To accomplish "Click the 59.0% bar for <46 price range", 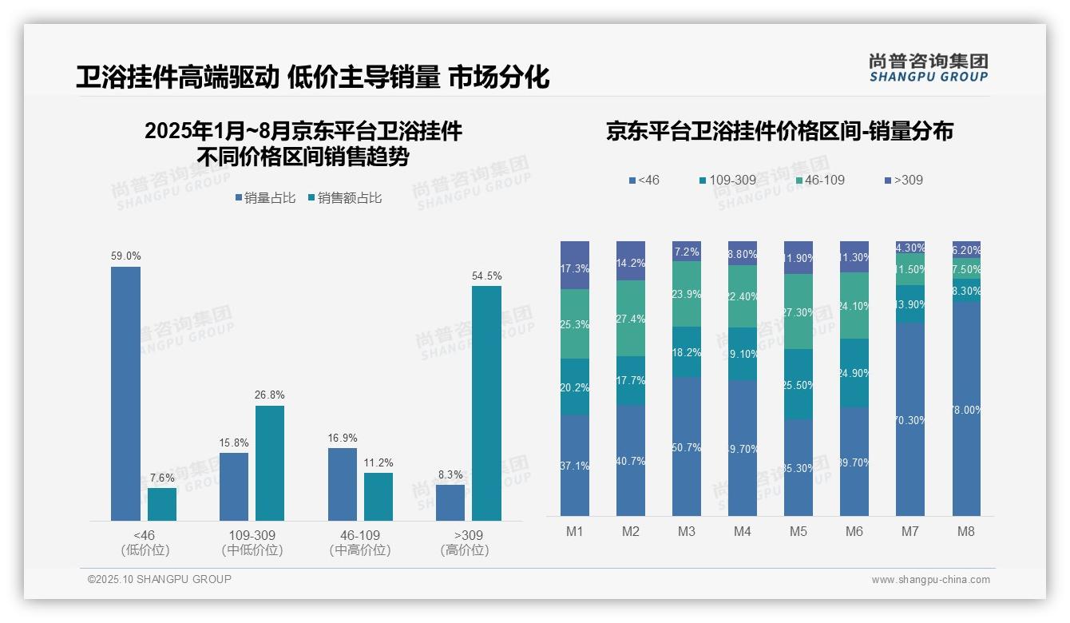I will tap(125, 393).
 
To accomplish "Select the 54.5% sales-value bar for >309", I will tap(486, 403).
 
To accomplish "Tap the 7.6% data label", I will tap(162, 478).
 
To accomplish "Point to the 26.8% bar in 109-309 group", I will tap(270, 463).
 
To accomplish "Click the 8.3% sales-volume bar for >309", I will tap(450, 502).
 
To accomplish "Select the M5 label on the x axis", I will tap(799, 531).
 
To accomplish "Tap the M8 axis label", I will tap(965, 531).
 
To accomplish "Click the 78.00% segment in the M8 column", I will tap(965, 409).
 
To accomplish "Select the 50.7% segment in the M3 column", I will tap(687, 446).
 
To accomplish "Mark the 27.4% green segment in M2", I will tap(631, 318).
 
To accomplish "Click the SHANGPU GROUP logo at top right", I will tap(928, 67).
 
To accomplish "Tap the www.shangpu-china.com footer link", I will tap(930, 580).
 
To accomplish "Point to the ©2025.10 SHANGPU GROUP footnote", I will tap(160, 579).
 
